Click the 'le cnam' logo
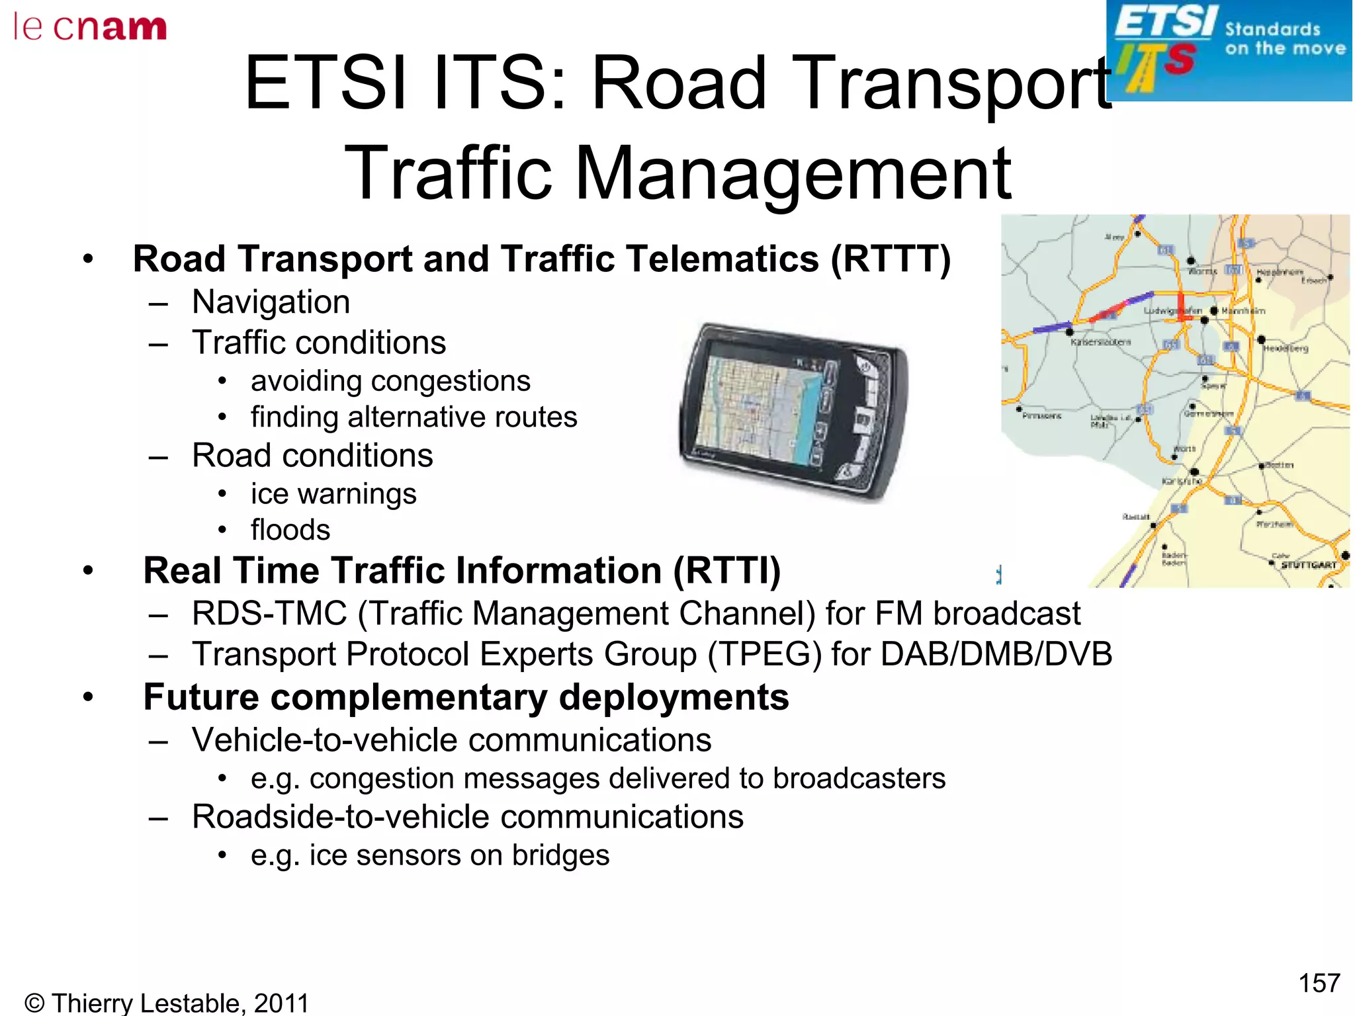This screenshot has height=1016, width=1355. point(90,28)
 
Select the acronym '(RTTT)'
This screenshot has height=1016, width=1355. point(891,259)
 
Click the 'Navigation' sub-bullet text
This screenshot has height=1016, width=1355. point(271,302)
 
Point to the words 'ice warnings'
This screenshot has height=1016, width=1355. point(333,494)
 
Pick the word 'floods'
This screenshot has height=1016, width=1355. point(290,530)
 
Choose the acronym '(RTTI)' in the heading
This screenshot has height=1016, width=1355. point(726,571)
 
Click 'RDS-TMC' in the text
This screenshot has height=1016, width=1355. point(269,613)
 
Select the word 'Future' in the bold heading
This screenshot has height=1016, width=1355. point(201,697)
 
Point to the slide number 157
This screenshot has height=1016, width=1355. point(1319,983)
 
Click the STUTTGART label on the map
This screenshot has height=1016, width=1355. point(1308,565)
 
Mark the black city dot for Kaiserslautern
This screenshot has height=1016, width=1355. point(1069,332)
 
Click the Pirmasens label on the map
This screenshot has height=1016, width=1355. point(1041,416)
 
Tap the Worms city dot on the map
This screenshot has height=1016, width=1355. point(1191,261)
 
